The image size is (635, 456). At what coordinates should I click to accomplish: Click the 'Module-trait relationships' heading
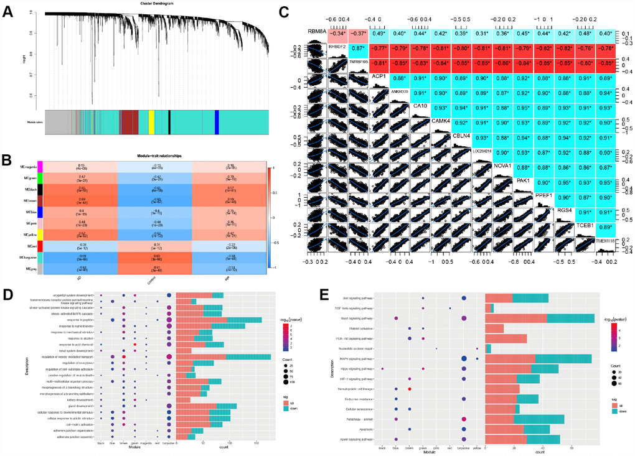tap(154, 156)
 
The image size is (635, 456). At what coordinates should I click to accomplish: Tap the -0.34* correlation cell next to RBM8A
tap(336, 34)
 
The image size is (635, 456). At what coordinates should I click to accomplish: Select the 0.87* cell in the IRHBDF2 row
tap(357, 48)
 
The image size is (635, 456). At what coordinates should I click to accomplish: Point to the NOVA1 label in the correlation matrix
tap(502, 165)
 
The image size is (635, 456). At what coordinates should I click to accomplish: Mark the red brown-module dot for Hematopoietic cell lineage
tap(410, 389)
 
